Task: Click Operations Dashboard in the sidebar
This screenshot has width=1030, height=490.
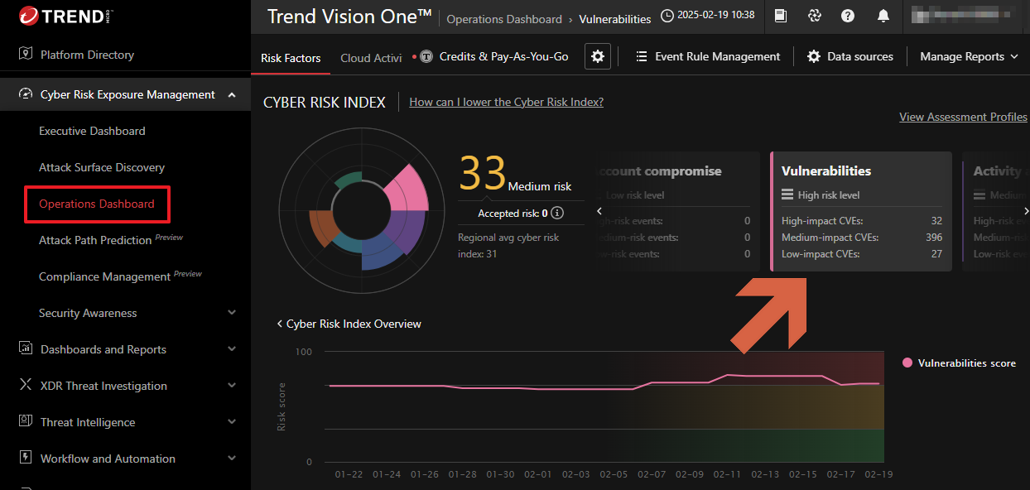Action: point(97,204)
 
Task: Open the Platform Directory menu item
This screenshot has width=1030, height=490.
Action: point(87,55)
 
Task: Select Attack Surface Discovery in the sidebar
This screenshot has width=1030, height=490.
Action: point(102,167)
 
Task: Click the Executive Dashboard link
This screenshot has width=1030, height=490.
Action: point(92,131)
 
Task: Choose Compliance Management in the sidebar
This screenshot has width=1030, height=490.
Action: point(104,276)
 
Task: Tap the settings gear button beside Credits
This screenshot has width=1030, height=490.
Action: point(598,56)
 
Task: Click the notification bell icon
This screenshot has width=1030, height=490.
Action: point(883,16)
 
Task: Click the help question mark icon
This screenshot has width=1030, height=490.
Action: point(848,16)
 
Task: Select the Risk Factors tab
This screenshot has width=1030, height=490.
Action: point(291,58)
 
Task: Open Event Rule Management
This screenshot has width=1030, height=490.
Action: point(708,56)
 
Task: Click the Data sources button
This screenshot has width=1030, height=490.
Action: point(850,56)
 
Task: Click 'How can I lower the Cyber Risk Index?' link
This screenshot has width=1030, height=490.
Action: point(506,102)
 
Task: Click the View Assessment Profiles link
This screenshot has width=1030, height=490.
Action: point(963,117)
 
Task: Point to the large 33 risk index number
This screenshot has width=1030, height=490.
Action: point(482,174)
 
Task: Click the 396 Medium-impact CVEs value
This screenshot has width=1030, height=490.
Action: point(933,238)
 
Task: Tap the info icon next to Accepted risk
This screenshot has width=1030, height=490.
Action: point(557,213)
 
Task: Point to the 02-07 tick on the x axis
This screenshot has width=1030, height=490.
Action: point(652,474)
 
